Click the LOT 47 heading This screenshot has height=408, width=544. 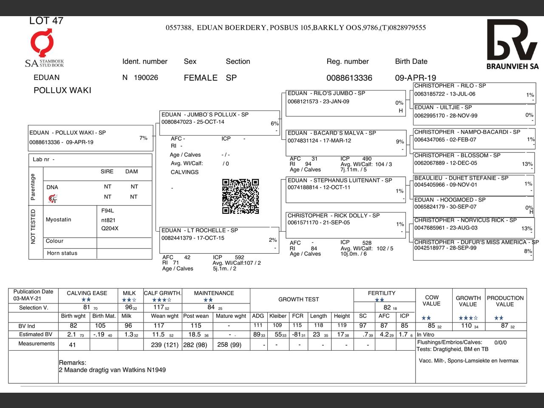point(46,20)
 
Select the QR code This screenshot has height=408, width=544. point(240,196)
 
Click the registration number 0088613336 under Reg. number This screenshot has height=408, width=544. point(349,78)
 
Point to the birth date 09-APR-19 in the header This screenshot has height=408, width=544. point(415,78)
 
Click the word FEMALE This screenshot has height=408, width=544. point(201,78)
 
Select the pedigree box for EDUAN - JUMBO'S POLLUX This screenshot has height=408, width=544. point(219,122)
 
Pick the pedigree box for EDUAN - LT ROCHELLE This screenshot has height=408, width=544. point(218,240)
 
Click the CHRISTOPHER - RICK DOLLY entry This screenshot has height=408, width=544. point(346,225)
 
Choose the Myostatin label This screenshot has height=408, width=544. point(59,219)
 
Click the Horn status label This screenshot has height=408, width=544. point(62,253)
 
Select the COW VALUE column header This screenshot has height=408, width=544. point(431,300)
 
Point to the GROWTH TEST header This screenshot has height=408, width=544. point(298,299)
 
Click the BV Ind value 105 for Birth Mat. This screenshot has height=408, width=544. point(100,326)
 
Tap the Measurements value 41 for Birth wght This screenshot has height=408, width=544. point(72,345)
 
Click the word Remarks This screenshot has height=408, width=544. point(72,363)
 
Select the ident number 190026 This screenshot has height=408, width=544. point(146,78)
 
